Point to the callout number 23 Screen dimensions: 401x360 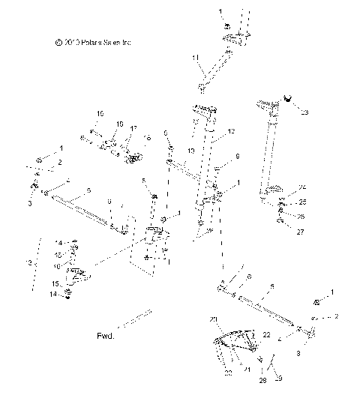click(x=304, y=112)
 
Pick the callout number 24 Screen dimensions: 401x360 click(x=303, y=187)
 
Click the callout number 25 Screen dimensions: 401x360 click(x=303, y=202)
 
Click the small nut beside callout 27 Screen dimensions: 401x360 click(x=280, y=223)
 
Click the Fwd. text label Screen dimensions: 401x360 click(x=105, y=337)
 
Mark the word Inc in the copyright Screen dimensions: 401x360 click(x=127, y=43)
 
